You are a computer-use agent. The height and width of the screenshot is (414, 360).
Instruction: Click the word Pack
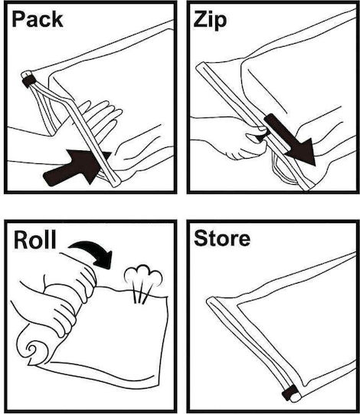tap(38, 19)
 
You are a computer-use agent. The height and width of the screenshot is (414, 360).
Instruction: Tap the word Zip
tap(210, 21)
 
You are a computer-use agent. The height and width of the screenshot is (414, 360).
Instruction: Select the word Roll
tap(34, 239)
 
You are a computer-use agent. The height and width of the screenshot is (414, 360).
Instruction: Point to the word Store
tap(222, 238)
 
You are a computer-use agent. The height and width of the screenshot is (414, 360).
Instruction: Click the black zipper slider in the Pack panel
tap(29, 80)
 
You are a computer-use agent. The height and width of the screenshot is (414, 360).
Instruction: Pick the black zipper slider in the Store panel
tap(290, 393)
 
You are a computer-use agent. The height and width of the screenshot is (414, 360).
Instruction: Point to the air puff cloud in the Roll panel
tap(143, 275)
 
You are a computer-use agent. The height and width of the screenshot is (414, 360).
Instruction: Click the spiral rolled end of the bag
tap(33, 349)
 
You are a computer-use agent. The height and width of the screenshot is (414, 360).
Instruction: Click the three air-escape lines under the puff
tap(142, 294)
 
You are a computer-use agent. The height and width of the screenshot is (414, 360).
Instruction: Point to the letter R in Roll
tap(21, 240)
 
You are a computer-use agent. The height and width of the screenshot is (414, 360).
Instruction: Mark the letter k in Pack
tap(56, 19)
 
